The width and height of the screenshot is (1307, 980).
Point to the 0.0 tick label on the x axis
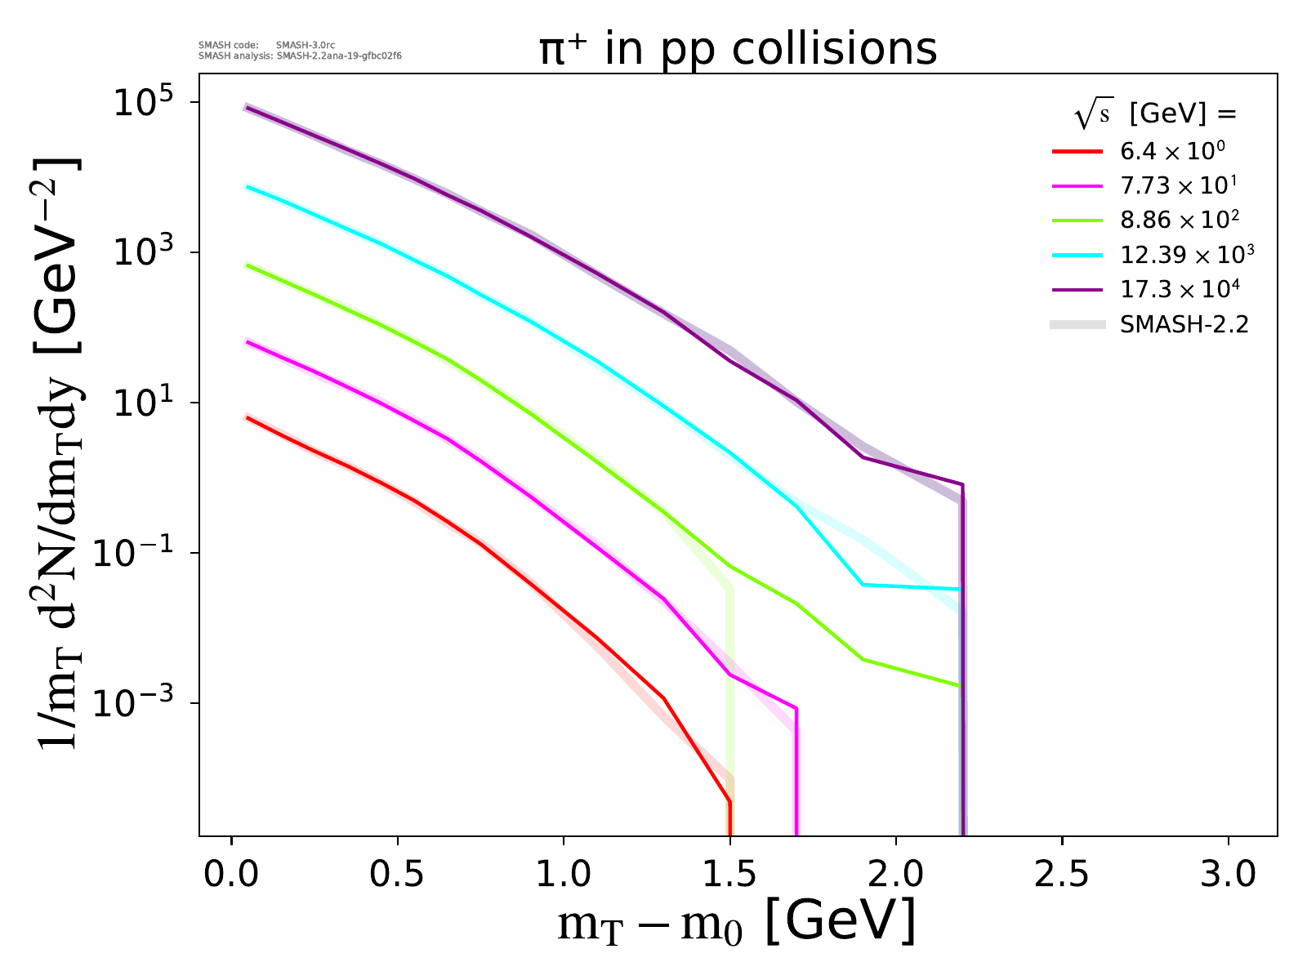(231, 874)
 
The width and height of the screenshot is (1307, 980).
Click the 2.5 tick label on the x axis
(1062, 874)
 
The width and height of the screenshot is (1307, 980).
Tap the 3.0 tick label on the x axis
(1228, 874)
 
